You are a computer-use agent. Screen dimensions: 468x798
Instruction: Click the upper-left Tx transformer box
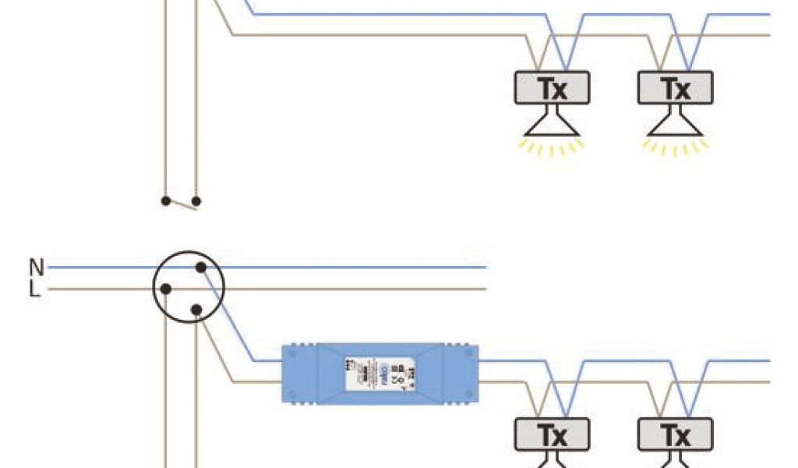pyautogui.click(x=552, y=88)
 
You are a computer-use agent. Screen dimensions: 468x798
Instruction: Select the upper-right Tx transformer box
pyautogui.click(x=675, y=88)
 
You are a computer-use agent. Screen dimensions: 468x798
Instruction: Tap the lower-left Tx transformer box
pyautogui.click(x=552, y=434)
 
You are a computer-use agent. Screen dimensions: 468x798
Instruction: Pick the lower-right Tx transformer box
pyautogui.click(x=675, y=434)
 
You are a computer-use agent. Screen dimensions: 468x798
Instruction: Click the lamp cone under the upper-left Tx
pyautogui.click(x=552, y=124)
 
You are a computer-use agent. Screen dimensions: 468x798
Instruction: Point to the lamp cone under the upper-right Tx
pyautogui.click(x=675, y=124)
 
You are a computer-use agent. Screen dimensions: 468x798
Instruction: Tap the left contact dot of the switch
pyautogui.click(x=165, y=200)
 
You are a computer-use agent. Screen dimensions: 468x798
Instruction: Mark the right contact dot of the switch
pyautogui.click(x=196, y=201)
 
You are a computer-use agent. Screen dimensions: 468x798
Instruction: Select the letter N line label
pyautogui.click(x=36, y=268)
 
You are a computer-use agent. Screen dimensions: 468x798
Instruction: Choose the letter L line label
pyautogui.click(x=35, y=290)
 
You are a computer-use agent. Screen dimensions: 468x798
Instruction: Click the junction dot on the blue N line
pyautogui.click(x=200, y=268)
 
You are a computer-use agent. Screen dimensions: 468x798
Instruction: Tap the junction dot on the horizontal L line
pyautogui.click(x=165, y=289)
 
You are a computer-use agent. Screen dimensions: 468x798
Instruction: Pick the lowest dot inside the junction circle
pyautogui.click(x=196, y=310)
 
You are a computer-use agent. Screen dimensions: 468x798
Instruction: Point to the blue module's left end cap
pyautogui.click(x=299, y=373)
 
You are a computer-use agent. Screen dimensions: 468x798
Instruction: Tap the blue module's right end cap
pyautogui.click(x=461, y=373)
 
